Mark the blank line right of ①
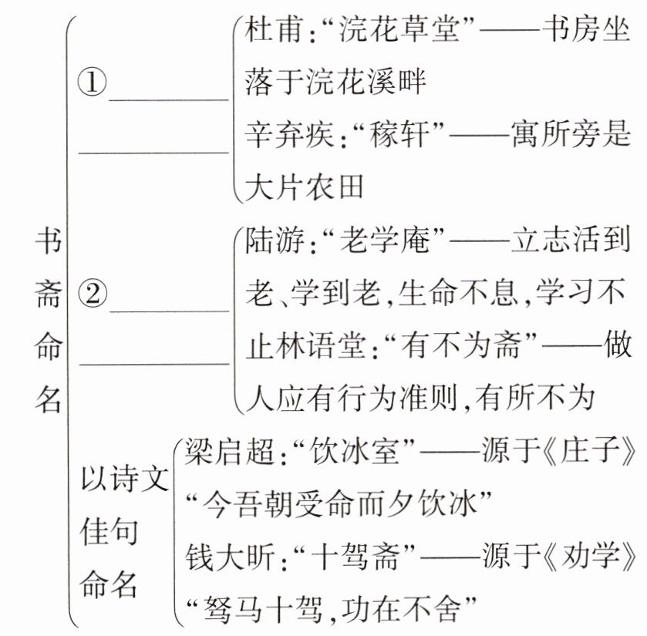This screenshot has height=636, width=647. pyautogui.click(x=169, y=98)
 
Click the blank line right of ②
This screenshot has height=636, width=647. pyautogui.click(x=169, y=310)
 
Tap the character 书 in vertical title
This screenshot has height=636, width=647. pyautogui.click(x=48, y=245)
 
